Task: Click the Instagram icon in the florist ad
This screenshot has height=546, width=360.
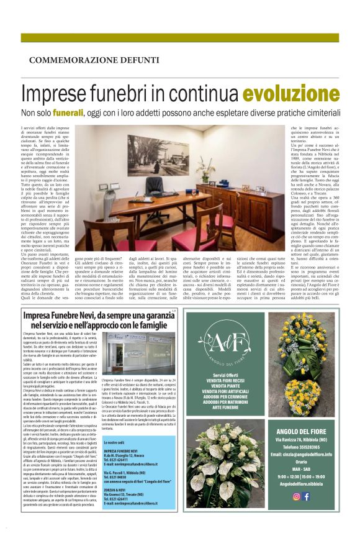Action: [297, 495]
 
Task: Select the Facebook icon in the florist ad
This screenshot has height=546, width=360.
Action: [306, 495]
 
